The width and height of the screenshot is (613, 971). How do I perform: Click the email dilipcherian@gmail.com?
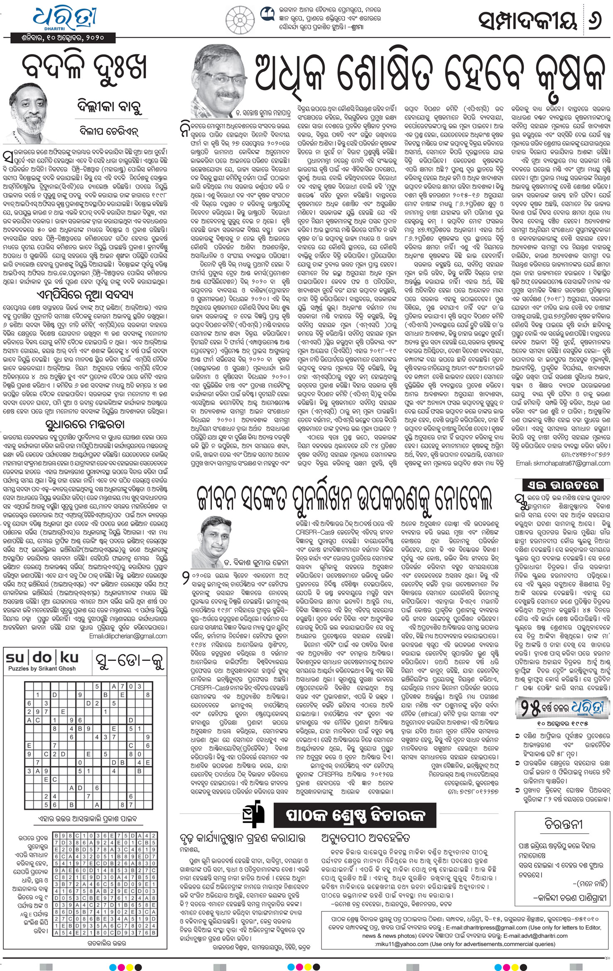click(128, 636)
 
